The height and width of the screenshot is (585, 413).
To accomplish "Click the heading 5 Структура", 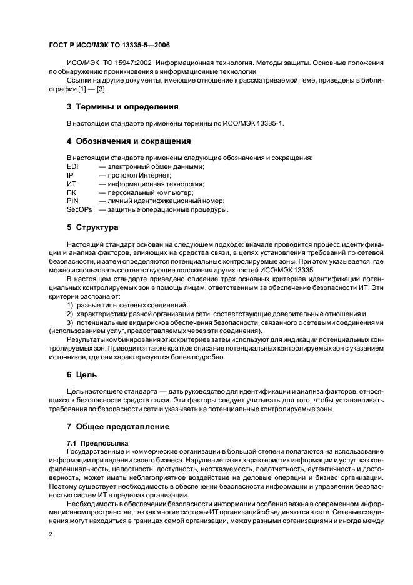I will [x=92, y=227].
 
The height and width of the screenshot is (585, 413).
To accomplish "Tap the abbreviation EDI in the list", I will [x=72, y=166].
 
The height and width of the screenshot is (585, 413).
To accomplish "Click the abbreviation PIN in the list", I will [x=72, y=201].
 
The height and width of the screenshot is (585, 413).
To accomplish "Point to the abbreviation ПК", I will [x=71, y=192].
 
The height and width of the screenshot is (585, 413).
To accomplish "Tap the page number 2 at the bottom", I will [x=50, y=535].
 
